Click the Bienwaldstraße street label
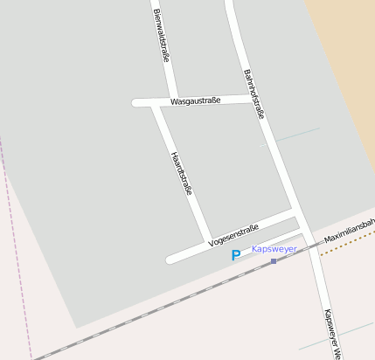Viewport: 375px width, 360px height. tap(161, 35)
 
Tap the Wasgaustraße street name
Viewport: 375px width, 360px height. tap(196, 100)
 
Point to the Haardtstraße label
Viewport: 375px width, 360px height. tap(183, 173)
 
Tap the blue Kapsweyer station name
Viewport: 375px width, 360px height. tap(274, 249)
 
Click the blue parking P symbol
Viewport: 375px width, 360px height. tap(235, 255)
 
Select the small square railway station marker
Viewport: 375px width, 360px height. tap(274, 260)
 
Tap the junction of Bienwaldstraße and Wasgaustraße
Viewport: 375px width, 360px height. tap(176, 100)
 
